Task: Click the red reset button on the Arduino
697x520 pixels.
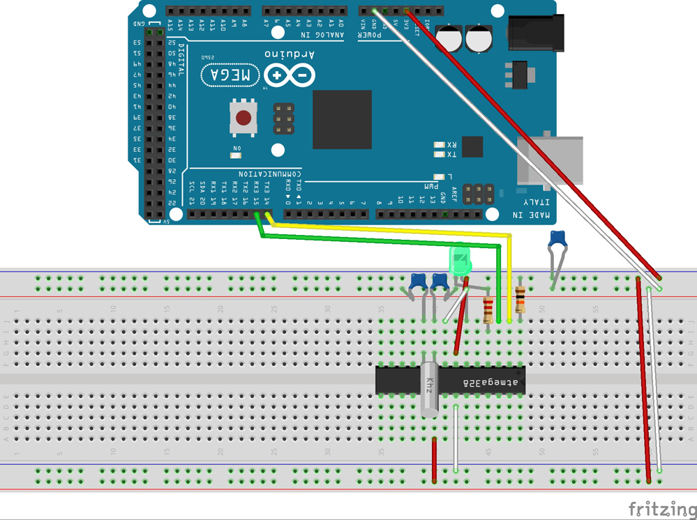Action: click(x=243, y=118)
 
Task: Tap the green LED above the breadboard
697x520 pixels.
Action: click(x=460, y=261)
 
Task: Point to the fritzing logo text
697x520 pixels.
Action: click(x=661, y=509)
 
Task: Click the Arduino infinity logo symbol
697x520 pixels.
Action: click(x=290, y=75)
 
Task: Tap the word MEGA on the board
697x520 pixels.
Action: click(x=230, y=75)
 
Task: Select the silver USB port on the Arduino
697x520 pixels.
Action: click(x=551, y=160)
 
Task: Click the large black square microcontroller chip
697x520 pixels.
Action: click(x=342, y=119)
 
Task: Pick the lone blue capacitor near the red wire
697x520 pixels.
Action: click(x=557, y=240)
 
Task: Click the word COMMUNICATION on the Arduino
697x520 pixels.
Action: click(x=268, y=174)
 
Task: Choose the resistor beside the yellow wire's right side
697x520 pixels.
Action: click(x=520, y=300)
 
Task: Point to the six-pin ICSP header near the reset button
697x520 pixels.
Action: click(x=283, y=119)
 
